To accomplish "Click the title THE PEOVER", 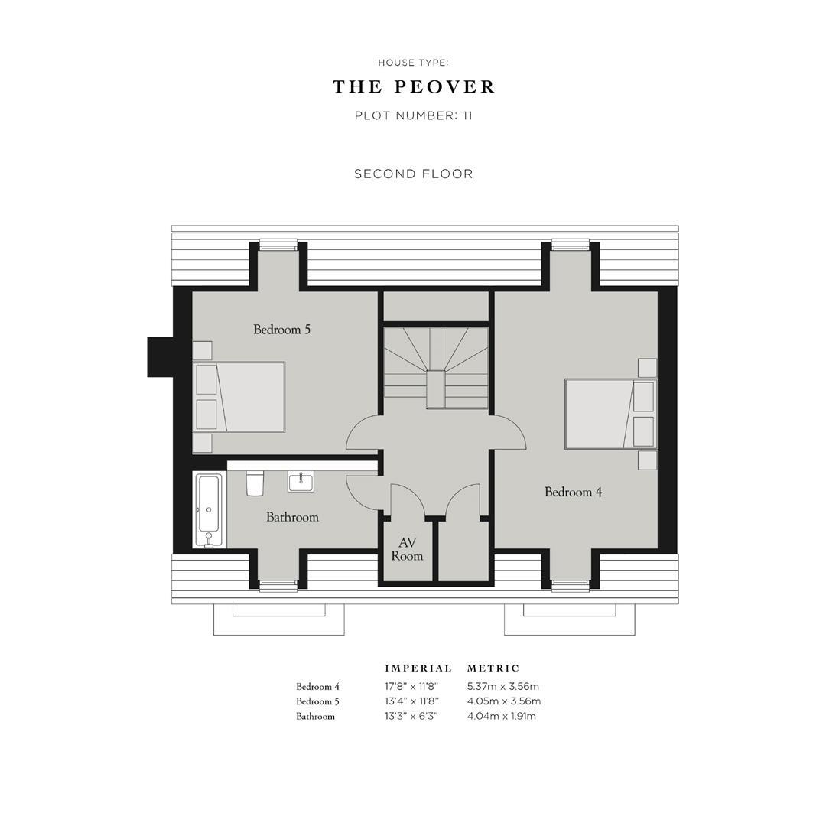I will pyautogui.click(x=414, y=87).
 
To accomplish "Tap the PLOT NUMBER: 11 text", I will pyautogui.click(x=414, y=116).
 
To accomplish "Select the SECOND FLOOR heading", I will pyautogui.click(x=414, y=174).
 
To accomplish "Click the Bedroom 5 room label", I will pyautogui.click(x=281, y=330).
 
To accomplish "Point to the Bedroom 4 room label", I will pyautogui.click(x=573, y=492).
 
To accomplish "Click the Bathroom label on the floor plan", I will pyautogui.click(x=292, y=517).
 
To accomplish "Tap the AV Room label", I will pyautogui.click(x=407, y=549).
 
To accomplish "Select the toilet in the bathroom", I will pyautogui.click(x=255, y=483).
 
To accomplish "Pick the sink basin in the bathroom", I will pyautogui.click(x=301, y=481).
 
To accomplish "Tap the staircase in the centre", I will pyautogui.click(x=435, y=367).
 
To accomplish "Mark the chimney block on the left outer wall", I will pyautogui.click(x=159, y=357).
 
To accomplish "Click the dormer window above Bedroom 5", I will pyautogui.click(x=278, y=246).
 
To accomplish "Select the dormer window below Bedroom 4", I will pyautogui.click(x=571, y=585).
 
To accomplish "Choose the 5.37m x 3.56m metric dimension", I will pyautogui.click(x=502, y=687).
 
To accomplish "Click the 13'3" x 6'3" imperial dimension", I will pyautogui.click(x=411, y=717).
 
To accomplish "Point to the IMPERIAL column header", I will pyautogui.click(x=418, y=668).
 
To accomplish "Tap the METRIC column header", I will pyautogui.click(x=493, y=668).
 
